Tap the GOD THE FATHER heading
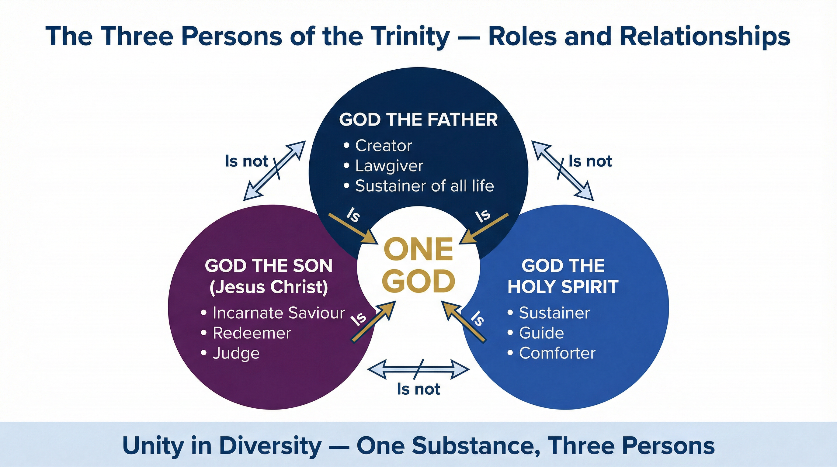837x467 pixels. tap(418, 119)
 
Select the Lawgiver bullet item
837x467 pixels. tap(389, 166)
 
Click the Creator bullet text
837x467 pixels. tap(384, 146)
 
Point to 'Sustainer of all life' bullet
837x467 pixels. tap(424, 186)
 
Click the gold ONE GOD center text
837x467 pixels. tap(418, 265)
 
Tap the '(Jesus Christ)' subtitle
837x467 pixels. tap(269, 287)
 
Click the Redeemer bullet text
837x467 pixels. tap(252, 333)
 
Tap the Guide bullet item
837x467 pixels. tap(541, 333)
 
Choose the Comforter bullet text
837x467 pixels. tap(557, 353)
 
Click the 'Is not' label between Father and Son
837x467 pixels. tap(247, 161)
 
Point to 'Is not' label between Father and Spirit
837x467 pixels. tap(590, 161)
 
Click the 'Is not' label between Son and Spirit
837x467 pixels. tap(418, 389)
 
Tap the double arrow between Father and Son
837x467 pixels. tap(275, 170)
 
